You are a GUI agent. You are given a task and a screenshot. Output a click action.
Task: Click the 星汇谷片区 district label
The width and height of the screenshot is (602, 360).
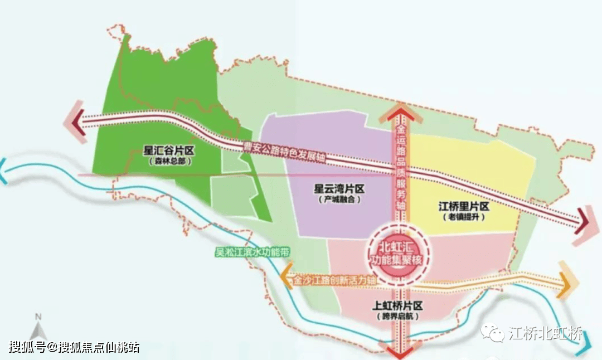(x=169, y=150)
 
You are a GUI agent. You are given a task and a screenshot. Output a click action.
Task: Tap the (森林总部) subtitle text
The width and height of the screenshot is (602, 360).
(x=169, y=161)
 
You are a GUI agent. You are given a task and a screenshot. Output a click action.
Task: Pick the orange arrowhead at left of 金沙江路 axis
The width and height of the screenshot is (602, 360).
(x=286, y=277)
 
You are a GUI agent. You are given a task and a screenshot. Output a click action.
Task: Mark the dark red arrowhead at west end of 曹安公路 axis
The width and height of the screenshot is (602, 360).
(x=78, y=119)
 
